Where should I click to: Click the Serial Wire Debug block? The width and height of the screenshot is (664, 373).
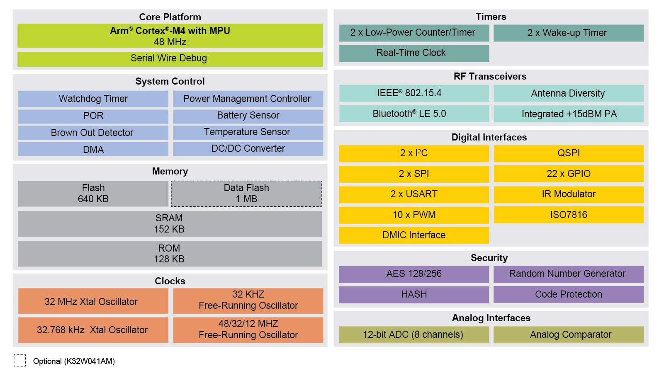[170, 58]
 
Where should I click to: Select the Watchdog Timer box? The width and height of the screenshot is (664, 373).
[93, 99]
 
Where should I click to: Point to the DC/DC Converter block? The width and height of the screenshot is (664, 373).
[248, 148]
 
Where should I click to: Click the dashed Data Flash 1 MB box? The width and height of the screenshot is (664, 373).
[246, 194]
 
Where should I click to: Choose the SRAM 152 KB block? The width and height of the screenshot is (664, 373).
[170, 224]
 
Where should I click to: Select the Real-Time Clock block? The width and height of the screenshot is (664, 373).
[414, 53]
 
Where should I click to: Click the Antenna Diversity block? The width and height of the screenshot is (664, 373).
[568, 93]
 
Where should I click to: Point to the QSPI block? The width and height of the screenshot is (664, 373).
[568, 153]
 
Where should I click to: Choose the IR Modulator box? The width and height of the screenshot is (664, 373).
[568, 194]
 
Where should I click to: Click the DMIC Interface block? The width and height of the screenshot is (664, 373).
[414, 235]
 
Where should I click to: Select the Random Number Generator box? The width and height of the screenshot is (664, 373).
[568, 274]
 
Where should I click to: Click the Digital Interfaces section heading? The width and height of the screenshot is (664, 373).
[489, 137]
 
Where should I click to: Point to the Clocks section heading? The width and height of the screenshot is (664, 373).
[170, 281]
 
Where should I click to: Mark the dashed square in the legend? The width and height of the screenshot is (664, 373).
[19, 360]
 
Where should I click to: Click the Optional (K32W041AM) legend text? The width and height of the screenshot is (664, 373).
[74, 361]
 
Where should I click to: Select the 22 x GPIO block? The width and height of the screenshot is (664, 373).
[568, 174]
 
